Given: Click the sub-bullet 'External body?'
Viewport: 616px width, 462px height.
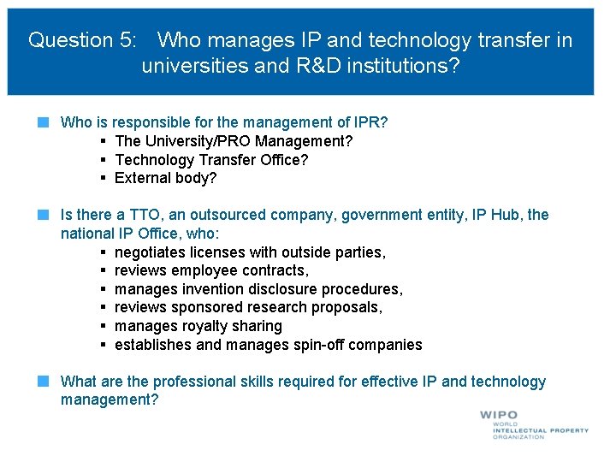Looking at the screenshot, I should (165, 178).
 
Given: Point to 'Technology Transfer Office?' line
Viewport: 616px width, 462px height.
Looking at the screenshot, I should (211, 160).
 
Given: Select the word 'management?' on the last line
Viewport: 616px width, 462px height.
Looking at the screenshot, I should (110, 400).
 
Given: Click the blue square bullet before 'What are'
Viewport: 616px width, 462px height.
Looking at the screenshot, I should (41, 381).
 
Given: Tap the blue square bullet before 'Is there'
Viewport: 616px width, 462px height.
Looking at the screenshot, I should (41, 214).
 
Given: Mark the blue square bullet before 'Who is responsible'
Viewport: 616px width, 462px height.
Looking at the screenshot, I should (41, 122).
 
